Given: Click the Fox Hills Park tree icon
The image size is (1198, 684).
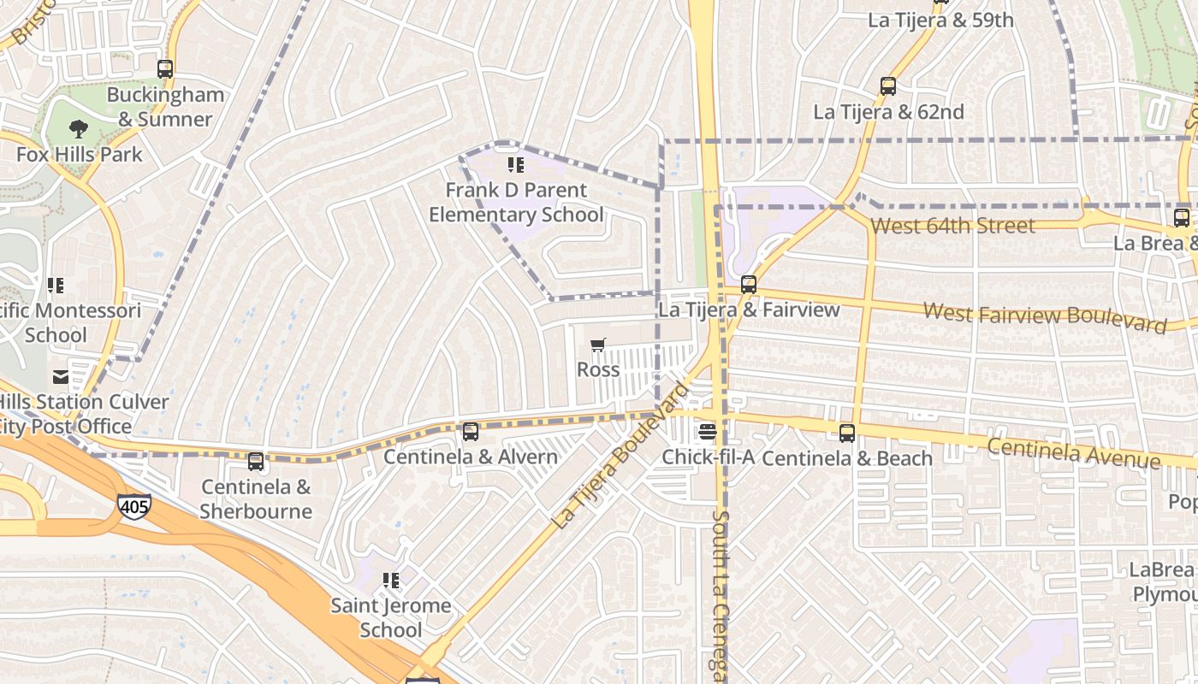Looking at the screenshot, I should [79, 129].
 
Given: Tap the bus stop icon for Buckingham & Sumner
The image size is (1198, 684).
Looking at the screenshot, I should [165, 69].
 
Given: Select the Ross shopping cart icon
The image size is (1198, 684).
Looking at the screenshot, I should [598, 345].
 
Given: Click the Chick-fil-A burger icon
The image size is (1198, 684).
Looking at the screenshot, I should [708, 432].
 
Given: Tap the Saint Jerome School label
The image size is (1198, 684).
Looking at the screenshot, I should [391, 617].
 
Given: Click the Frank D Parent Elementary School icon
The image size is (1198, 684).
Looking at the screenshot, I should [515, 164].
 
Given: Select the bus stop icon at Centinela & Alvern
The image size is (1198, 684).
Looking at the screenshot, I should [470, 432].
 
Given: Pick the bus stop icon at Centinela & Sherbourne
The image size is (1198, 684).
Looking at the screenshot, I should [256, 462].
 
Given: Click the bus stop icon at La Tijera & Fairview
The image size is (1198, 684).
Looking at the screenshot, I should [749, 285].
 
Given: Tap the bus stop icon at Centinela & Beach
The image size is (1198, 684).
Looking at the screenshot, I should [847, 433].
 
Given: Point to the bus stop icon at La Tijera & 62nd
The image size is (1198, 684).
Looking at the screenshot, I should [888, 86].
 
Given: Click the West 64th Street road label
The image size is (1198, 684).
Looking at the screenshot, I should [952, 226].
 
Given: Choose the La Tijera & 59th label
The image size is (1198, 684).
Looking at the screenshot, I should [940, 20].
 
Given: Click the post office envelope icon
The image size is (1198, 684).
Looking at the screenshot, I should [60, 376].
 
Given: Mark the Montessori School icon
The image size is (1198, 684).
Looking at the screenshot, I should [56, 285].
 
